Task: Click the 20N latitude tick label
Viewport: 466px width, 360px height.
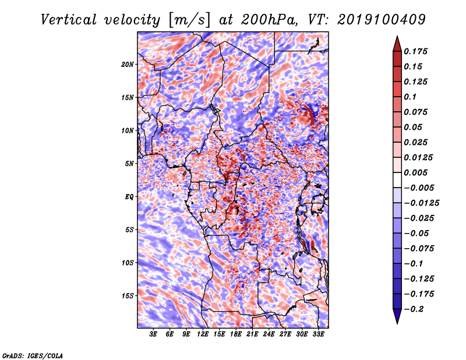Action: click(x=128, y=64)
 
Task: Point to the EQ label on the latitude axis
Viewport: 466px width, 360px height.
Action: click(x=130, y=196)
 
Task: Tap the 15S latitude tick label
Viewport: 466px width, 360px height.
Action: click(x=128, y=295)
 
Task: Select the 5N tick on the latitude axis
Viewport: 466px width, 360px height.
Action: click(x=129, y=163)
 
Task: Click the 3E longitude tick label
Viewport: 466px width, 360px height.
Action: click(x=154, y=335)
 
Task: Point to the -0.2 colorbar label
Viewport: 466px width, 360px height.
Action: click(x=415, y=309)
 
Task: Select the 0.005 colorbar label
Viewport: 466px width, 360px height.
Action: click(x=417, y=172)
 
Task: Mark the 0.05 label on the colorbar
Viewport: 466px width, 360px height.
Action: click(x=414, y=127)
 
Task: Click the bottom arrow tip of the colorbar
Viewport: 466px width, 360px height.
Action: click(x=396, y=322)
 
